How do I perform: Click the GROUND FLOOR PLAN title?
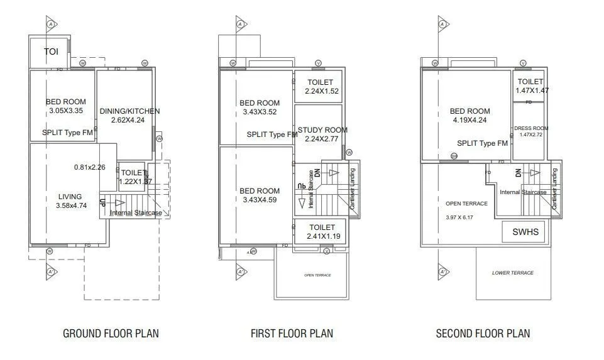click(x=111, y=334)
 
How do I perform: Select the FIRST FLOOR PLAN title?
click(x=292, y=334)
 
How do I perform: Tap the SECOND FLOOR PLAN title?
click(x=483, y=334)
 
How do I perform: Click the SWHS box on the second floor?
click(x=522, y=232)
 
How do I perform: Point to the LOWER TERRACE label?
click(x=512, y=273)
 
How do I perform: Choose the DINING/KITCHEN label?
click(x=129, y=111)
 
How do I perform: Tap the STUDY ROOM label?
click(x=322, y=130)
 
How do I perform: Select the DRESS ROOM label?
click(x=531, y=128)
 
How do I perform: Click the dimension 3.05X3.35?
click(x=66, y=111)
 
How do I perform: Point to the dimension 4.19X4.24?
click(x=470, y=120)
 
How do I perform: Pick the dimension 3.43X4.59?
click(x=260, y=200)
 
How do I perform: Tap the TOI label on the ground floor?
click(x=51, y=52)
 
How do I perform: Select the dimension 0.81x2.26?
click(x=89, y=167)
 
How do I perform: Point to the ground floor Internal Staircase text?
click(x=136, y=213)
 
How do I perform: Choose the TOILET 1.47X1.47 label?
click(x=530, y=86)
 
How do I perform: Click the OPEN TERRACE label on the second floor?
click(x=466, y=204)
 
